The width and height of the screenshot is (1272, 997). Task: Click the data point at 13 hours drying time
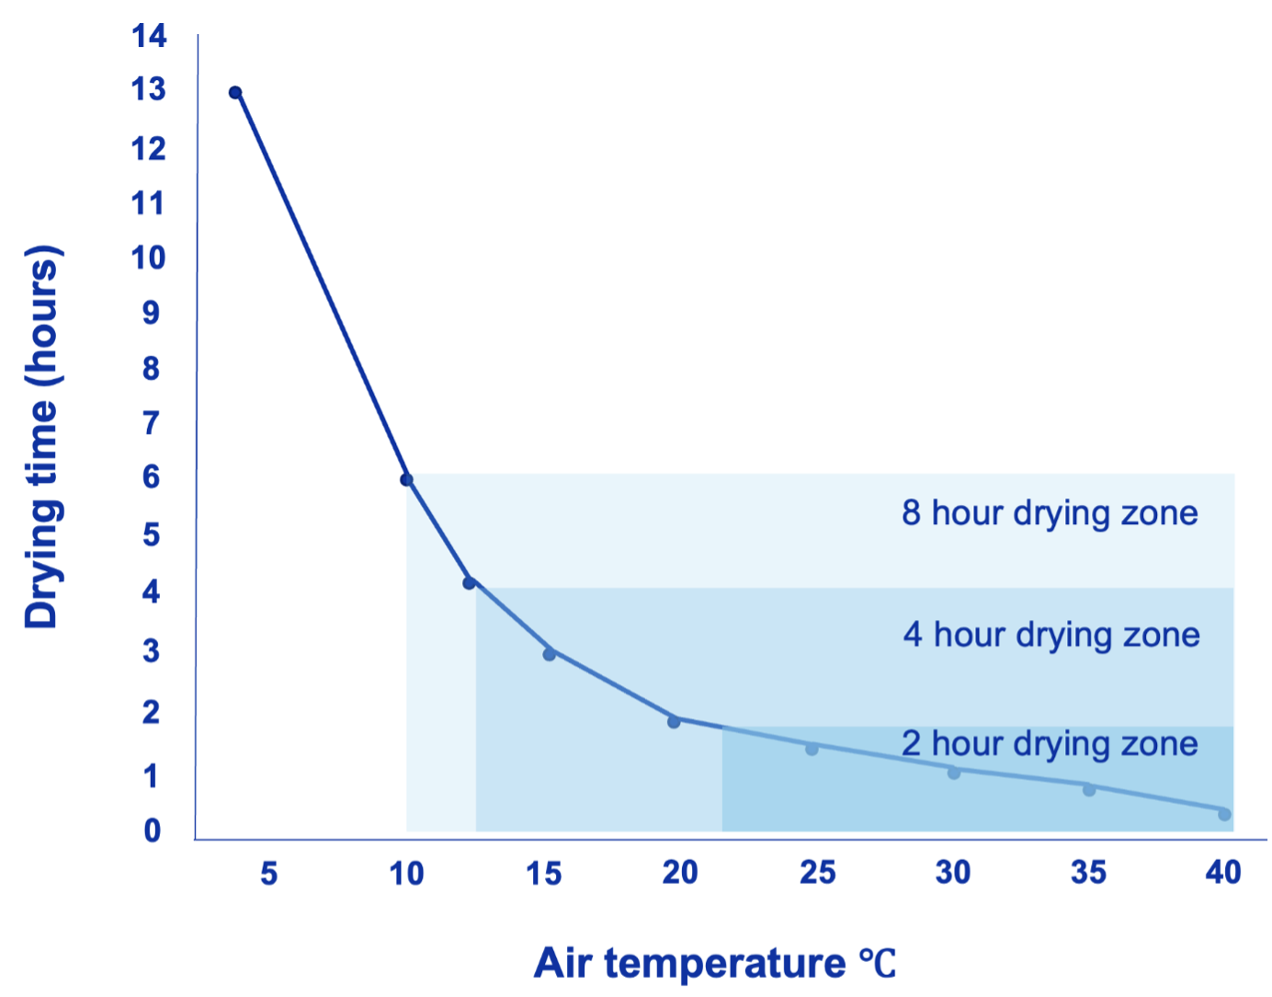tap(235, 92)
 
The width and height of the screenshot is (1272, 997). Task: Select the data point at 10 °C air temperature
tap(406, 479)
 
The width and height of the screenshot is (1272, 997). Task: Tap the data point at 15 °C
tap(549, 654)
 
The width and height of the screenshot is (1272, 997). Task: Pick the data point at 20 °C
tap(674, 721)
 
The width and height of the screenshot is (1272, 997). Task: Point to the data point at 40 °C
tap(1224, 814)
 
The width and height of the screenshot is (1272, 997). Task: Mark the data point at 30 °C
tap(954, 773)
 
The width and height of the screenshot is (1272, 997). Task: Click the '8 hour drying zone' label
tap(1050, 513)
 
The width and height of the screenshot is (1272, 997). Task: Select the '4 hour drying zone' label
tap(1051, 635)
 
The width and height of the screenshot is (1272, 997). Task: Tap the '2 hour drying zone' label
tap(1050, 744)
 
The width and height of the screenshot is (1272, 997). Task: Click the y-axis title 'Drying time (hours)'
tap(42, 437)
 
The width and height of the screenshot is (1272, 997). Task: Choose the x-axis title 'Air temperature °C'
tap(714, 963)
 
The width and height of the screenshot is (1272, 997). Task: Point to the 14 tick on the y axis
tap(149, 36)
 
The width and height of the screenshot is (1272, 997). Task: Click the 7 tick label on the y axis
tap(151, 423)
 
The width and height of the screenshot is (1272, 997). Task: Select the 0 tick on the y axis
tap(152, 831)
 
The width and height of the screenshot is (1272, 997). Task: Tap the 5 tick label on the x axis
tap(268, 873)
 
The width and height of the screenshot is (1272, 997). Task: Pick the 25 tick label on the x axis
tap(817, 872)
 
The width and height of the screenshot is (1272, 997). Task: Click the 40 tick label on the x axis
tap(1223, 872)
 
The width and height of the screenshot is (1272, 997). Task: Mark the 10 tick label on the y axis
tap(148, 258)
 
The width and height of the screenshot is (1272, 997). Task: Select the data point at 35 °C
tap(1089, 789)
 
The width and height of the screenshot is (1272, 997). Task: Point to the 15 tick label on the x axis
tap(543, 873)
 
